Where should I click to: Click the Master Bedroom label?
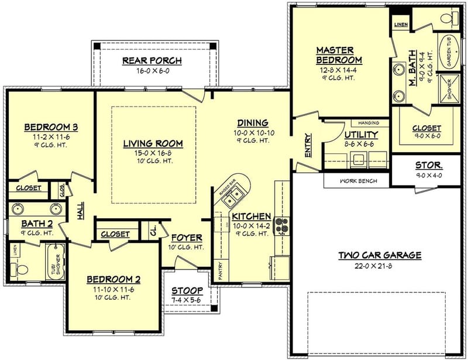339,56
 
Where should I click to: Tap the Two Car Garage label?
380,255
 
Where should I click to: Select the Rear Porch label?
152,60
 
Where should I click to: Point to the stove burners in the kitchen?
281,225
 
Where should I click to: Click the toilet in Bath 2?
18,269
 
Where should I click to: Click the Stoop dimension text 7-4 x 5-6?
187,300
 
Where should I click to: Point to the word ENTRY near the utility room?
308,146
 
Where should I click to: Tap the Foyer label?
187,238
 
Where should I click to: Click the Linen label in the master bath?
401,25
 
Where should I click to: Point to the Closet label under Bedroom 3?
29,188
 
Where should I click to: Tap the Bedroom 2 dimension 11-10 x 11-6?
113,289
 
